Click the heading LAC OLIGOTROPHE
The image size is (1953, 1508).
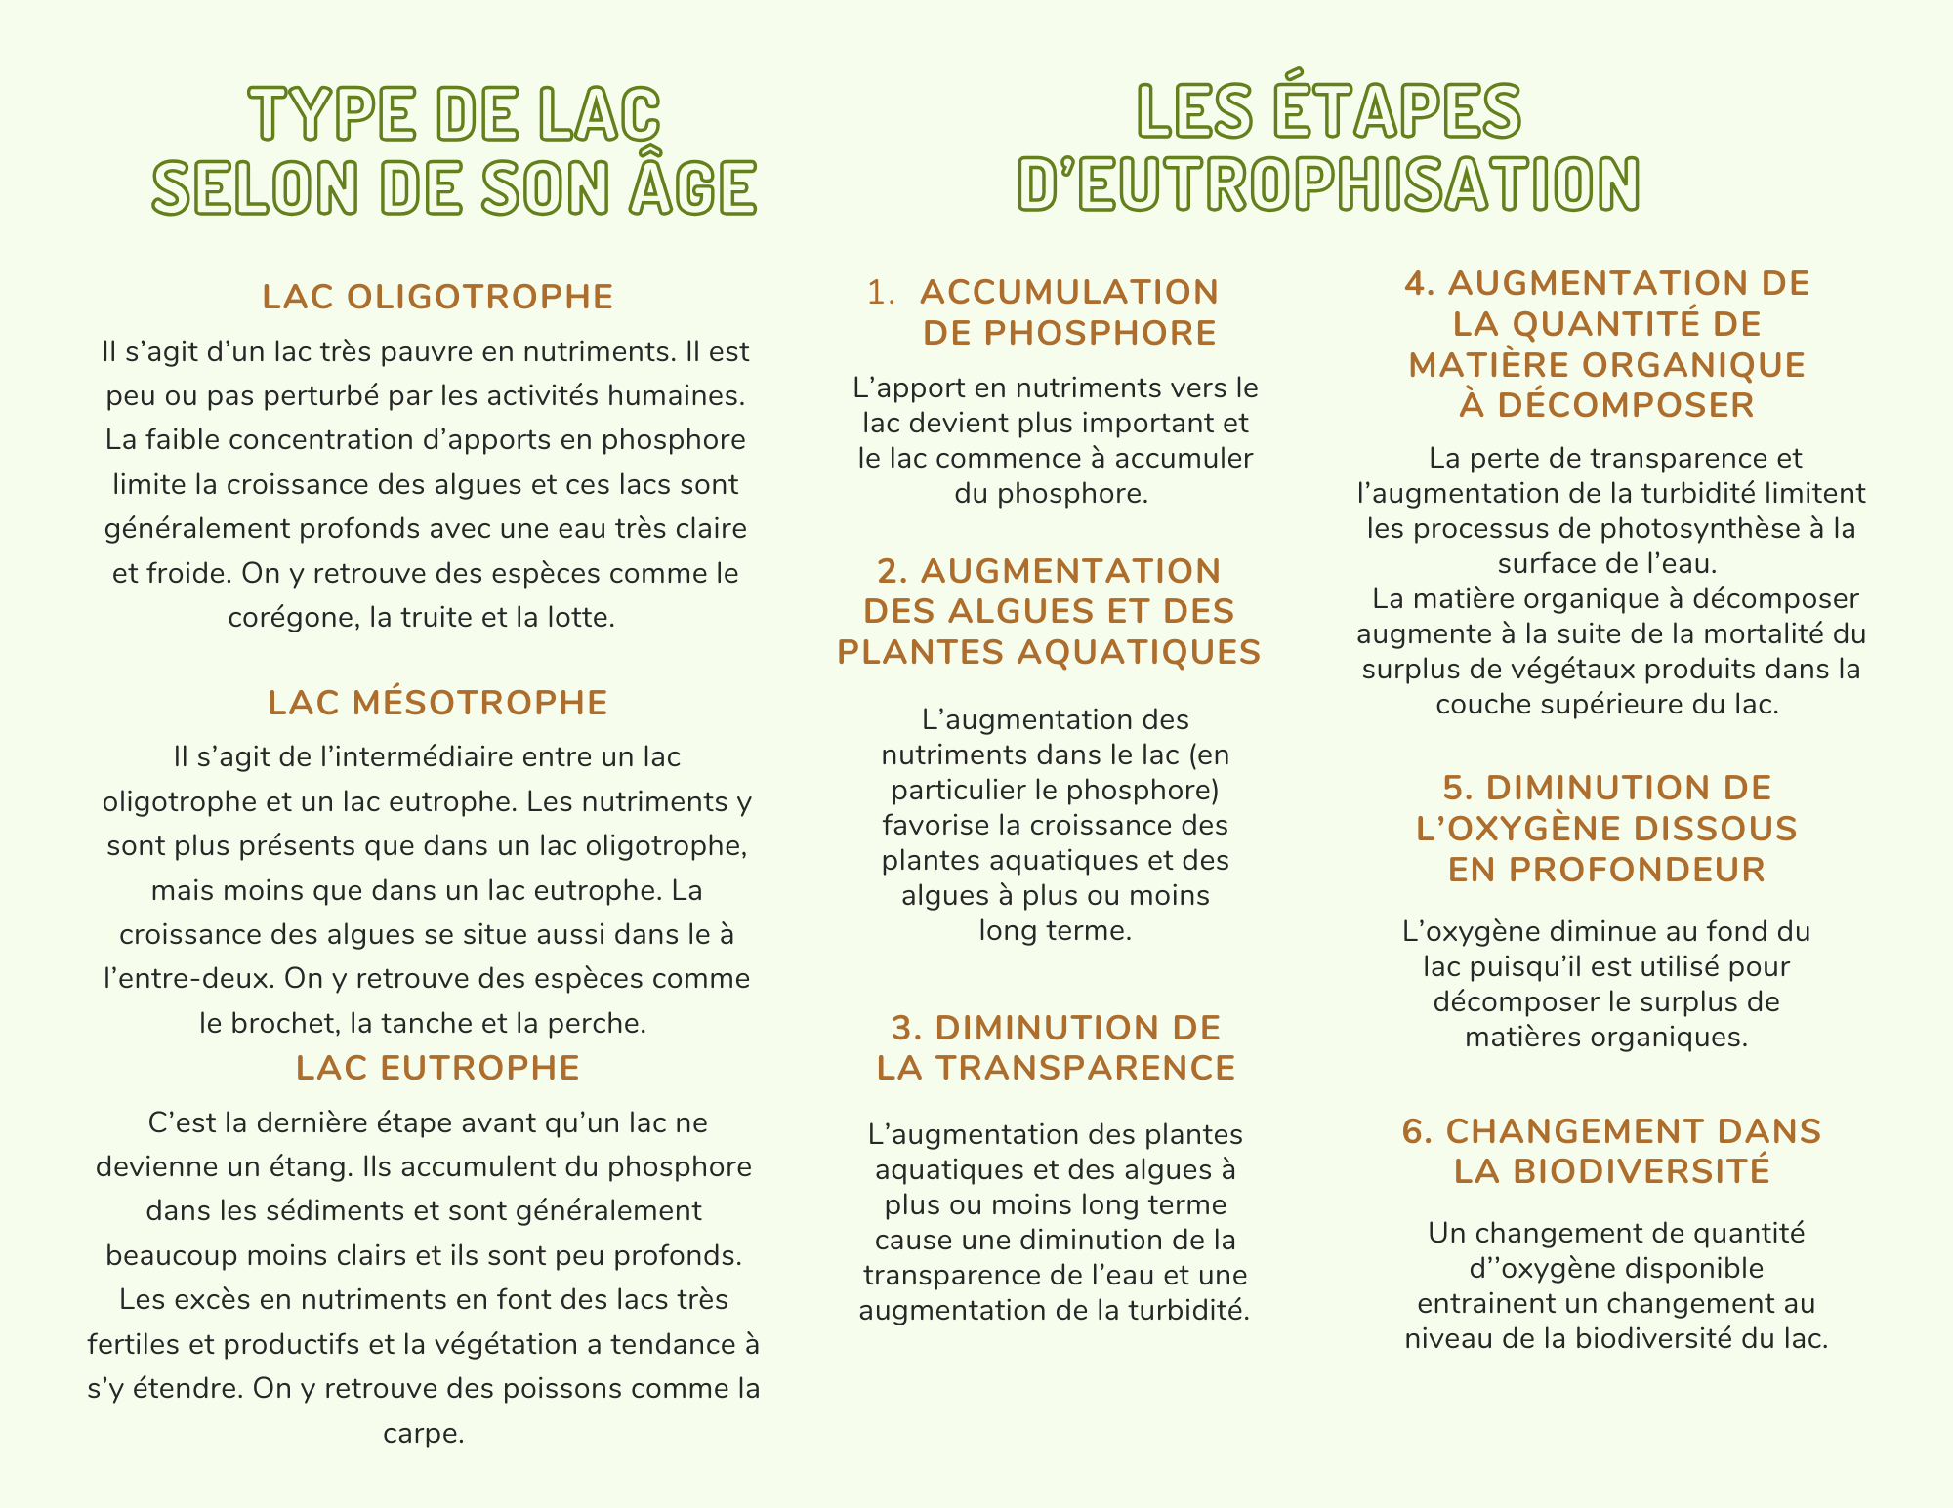[437, 297]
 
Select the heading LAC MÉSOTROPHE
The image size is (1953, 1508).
[437, 703]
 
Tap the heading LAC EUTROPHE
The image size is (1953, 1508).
[437, 1068]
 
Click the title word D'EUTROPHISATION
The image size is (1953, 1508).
[1328, 184]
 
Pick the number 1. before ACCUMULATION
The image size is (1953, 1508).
[881, 292]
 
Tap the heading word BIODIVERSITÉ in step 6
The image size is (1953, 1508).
[1612, 1171]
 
